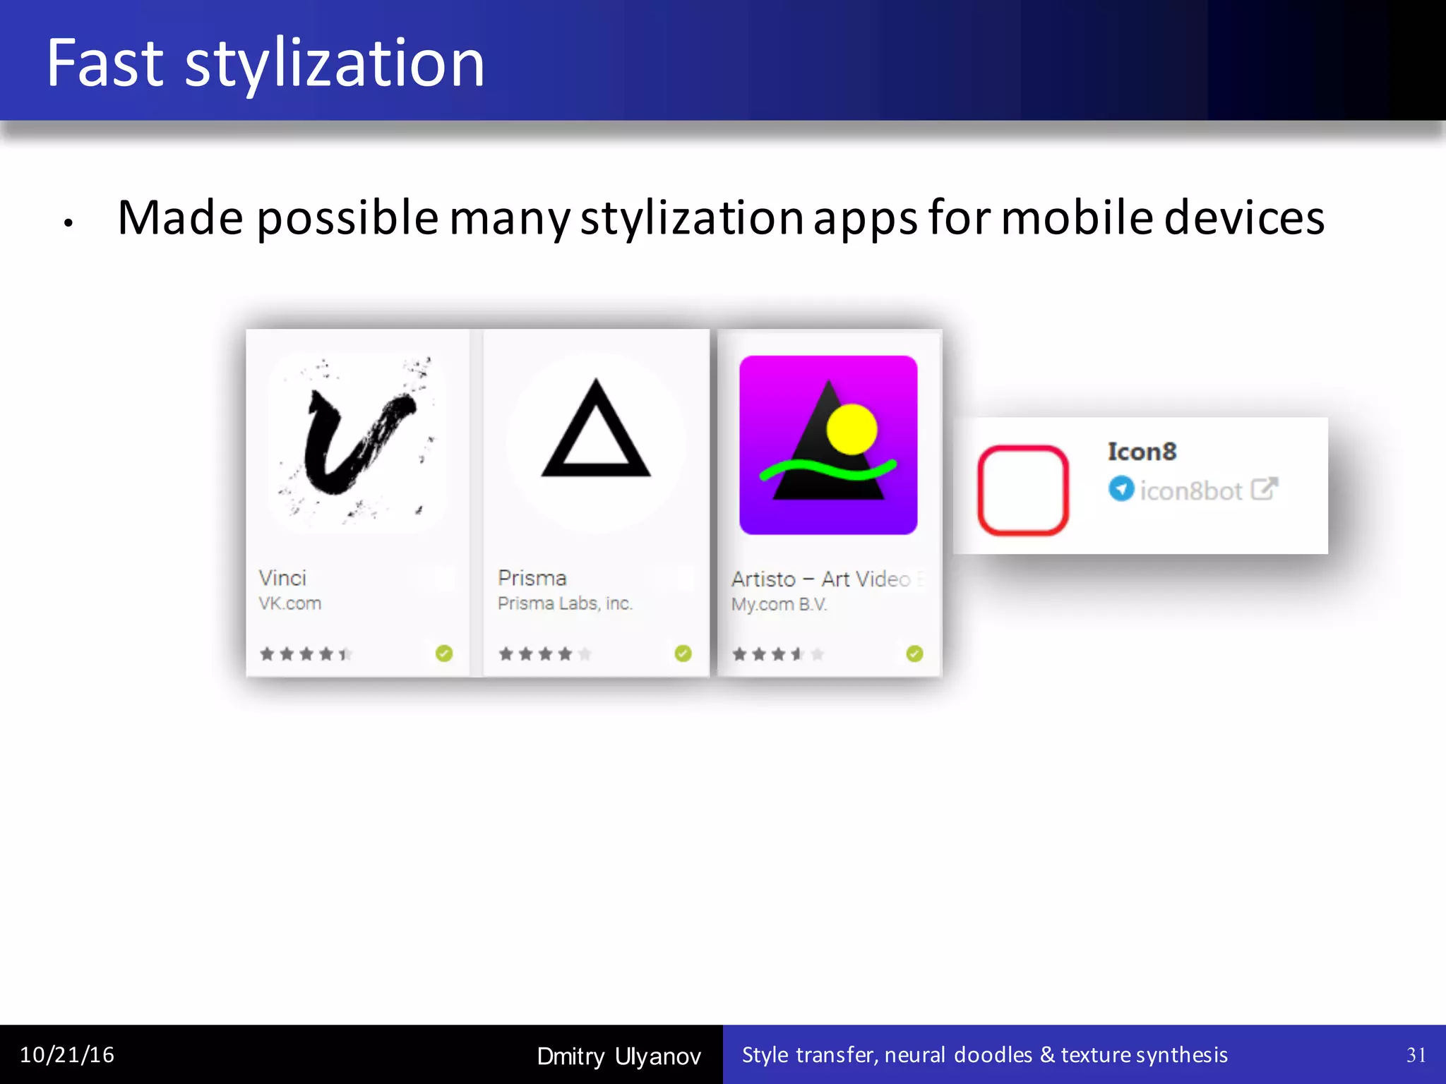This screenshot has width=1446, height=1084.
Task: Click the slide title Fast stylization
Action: [x=265, y=64]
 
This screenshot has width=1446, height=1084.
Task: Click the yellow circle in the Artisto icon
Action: [x=852, y=429]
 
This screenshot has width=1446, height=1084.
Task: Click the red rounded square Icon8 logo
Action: [x=1022, y=490]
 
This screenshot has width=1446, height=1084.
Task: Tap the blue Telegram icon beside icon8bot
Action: [x=1121, y=488]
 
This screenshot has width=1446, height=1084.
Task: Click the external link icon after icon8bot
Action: [x=1264, y=488]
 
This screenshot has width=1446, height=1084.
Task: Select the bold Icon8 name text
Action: [x=1142, y=452]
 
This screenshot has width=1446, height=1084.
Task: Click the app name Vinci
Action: [x=282, y=578]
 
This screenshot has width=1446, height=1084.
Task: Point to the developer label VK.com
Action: [x=289, y=603]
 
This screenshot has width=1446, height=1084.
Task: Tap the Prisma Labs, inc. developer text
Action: [x=565, y=603]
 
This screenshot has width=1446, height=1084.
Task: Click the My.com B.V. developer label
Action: [x=779, y=605]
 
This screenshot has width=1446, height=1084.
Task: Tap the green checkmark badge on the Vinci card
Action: [x=444, y=654]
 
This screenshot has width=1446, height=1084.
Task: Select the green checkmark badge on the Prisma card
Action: [x=683, y=654]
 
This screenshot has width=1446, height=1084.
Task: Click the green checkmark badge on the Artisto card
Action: [x=914, y=654]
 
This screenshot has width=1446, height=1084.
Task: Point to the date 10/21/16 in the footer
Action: [x=67, y=1055]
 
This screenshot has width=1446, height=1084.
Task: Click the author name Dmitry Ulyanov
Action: [x=619, y=1056]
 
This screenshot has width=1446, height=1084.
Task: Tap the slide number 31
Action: [x=1416, y=1055]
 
